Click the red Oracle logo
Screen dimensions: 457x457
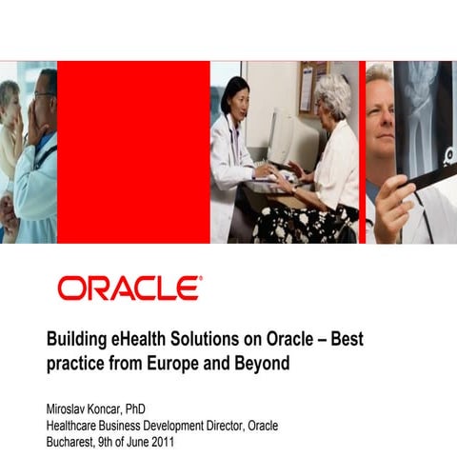(x=129, y=288)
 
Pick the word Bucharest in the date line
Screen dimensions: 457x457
(x=75, y=442)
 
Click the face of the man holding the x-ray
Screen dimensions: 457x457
(x=378, y=112)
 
